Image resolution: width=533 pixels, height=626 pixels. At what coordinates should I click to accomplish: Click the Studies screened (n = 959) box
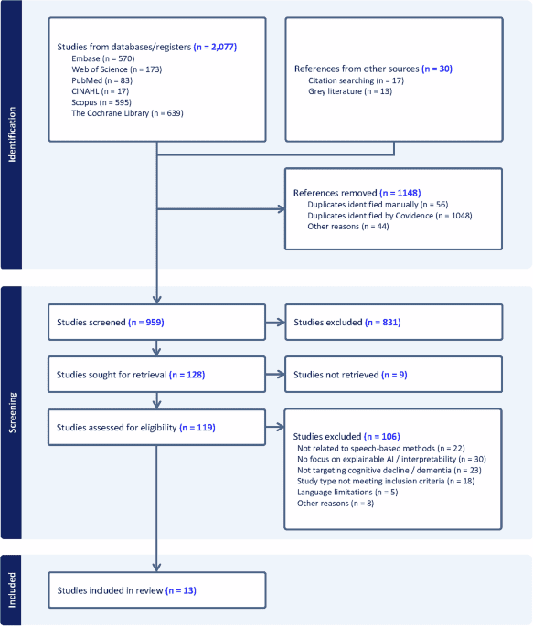157,322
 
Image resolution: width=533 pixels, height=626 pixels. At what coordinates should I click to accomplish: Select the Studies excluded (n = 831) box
393,322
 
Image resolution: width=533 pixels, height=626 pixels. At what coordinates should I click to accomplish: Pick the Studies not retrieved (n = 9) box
393,374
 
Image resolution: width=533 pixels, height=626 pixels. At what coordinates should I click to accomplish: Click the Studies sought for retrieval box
157,374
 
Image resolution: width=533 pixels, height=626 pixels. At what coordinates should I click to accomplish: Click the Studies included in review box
157,590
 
